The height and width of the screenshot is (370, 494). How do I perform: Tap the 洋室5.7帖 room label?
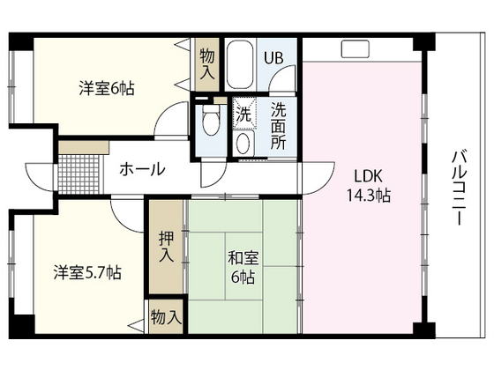click(86, 272)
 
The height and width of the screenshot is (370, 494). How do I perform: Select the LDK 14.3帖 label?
click(369, 185)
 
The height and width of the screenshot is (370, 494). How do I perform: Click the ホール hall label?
click(140, 168)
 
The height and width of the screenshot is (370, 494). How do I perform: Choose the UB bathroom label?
click(274, 59)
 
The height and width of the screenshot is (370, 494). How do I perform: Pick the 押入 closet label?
click(166, 247)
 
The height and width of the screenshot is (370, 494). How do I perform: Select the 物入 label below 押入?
click(166, 316)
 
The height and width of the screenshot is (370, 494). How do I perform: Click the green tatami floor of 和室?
click(265, 300)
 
